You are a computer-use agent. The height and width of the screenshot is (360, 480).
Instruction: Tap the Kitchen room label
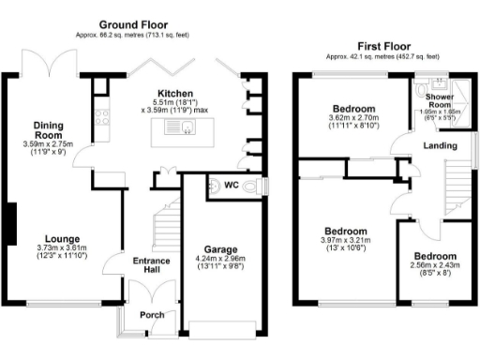coord(175,95)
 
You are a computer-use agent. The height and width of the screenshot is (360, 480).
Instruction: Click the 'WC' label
coord(229,185)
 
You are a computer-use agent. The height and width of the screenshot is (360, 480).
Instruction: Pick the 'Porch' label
coord(152,315)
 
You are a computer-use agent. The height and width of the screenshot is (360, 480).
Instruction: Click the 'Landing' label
coord(441,145)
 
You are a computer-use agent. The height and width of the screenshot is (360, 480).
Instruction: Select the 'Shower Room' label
coord(440,100)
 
